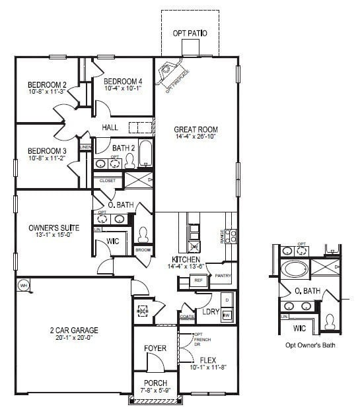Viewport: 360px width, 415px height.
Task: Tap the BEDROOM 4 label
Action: (x=127, y=81)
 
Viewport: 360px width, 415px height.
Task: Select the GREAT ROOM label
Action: (x=196, y=129)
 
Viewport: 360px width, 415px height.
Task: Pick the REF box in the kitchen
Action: (x=198, y=281)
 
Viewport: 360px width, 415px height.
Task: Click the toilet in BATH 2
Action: (x=129, y=160)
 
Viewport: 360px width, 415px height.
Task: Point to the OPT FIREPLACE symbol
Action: (x=172, y=72)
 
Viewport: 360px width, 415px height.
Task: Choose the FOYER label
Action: (x=155, y=348)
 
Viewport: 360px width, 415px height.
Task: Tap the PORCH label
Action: (x=155, y=383)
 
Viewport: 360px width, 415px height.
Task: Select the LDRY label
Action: (x=211, y=311)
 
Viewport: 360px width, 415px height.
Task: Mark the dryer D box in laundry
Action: (x=227, y=300)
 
